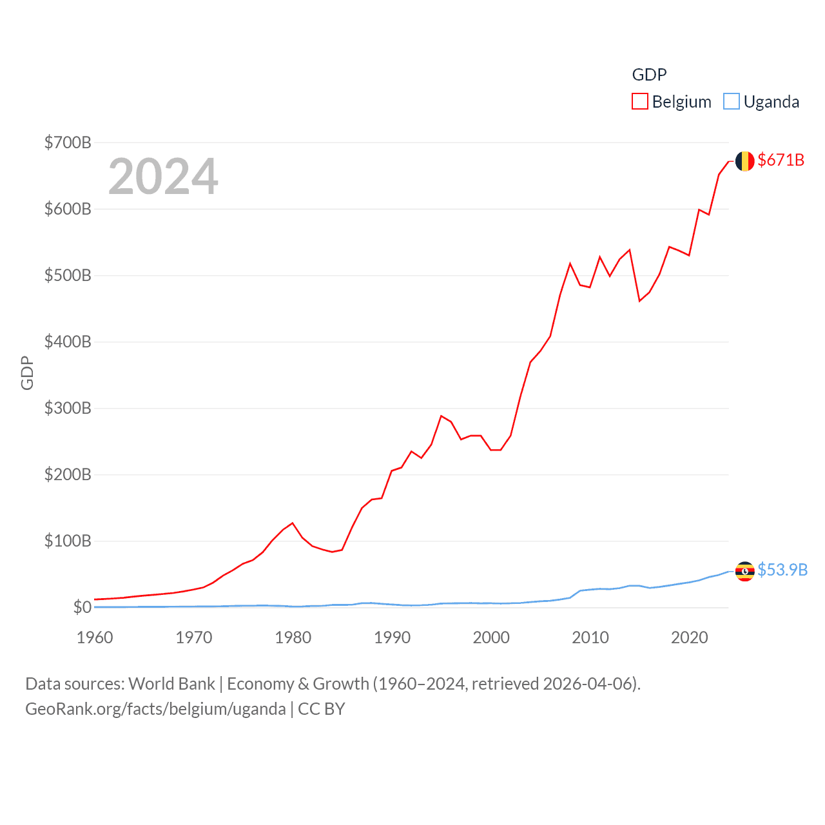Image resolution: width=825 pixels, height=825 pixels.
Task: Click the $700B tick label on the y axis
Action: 68,142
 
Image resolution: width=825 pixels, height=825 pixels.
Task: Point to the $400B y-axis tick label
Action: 68,342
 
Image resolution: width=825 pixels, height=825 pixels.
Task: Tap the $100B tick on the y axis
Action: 68,541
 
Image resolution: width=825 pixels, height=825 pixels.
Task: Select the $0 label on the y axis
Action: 82,607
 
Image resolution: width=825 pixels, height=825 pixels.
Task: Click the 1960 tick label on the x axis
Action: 95,637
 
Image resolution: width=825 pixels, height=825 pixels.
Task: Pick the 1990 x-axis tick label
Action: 392,637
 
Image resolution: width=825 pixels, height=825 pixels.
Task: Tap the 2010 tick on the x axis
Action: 590,637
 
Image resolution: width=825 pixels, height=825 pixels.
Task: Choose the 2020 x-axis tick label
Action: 690,637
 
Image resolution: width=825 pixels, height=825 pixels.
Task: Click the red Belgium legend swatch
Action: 639,102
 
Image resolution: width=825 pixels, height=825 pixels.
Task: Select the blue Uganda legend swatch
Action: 731,102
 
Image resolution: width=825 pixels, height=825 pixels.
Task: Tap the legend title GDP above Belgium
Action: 649,75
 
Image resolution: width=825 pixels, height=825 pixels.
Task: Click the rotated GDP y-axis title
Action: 27,373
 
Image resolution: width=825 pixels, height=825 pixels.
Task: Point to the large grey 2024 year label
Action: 163,177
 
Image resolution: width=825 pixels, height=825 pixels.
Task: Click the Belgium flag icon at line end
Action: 744,161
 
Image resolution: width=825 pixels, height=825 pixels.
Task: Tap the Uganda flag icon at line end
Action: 744,571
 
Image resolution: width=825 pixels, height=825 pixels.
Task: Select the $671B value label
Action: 781,160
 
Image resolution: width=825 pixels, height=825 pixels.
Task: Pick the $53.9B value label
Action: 782,570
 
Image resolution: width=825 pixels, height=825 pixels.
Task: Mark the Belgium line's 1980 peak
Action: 293,523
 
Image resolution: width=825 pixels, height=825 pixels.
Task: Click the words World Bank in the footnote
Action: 171,683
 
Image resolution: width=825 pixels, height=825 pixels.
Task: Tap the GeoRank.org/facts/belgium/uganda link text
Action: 155,709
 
